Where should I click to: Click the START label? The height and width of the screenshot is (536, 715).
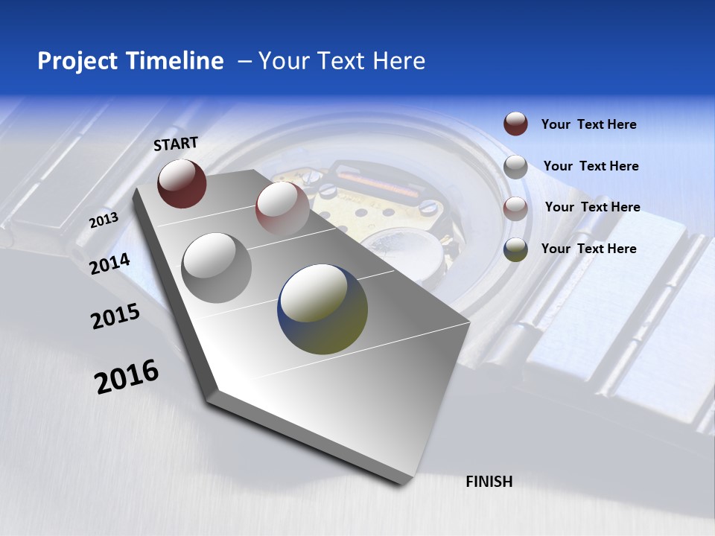176,144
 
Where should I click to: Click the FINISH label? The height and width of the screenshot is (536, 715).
489,482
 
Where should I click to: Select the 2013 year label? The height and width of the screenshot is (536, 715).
104,220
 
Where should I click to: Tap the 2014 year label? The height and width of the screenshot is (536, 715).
110,264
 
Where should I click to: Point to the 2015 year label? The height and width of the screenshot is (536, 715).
115,316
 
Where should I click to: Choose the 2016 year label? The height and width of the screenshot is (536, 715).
127,377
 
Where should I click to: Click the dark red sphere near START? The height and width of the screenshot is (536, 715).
182,183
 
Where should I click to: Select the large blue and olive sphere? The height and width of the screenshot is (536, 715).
322,309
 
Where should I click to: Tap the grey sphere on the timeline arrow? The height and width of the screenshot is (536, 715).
217,267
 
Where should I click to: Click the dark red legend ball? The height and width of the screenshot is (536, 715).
515,124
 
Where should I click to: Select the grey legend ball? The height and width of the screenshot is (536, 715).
515,167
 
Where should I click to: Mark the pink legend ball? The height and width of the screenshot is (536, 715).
515,208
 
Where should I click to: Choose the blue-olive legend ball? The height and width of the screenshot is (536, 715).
515,249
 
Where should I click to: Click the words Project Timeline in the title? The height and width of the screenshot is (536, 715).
130,61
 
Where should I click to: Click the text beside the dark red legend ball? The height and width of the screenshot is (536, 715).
588,124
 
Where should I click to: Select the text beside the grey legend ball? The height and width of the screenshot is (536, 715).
591,166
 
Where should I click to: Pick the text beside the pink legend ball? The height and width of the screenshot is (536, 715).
592,207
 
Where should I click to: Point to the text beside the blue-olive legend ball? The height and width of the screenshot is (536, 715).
588,249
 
